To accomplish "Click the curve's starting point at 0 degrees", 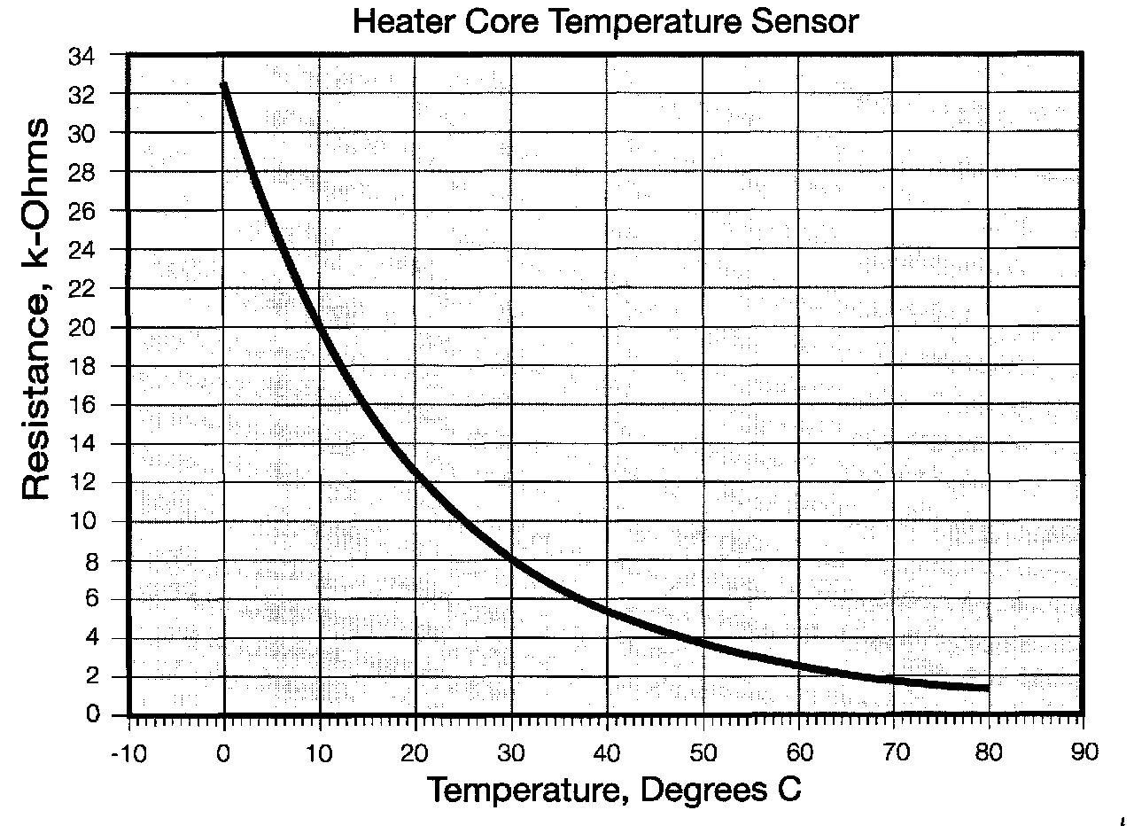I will coord(224,85).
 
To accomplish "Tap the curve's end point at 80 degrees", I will coord(987,688).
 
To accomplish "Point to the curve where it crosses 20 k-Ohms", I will coord(318,327).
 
